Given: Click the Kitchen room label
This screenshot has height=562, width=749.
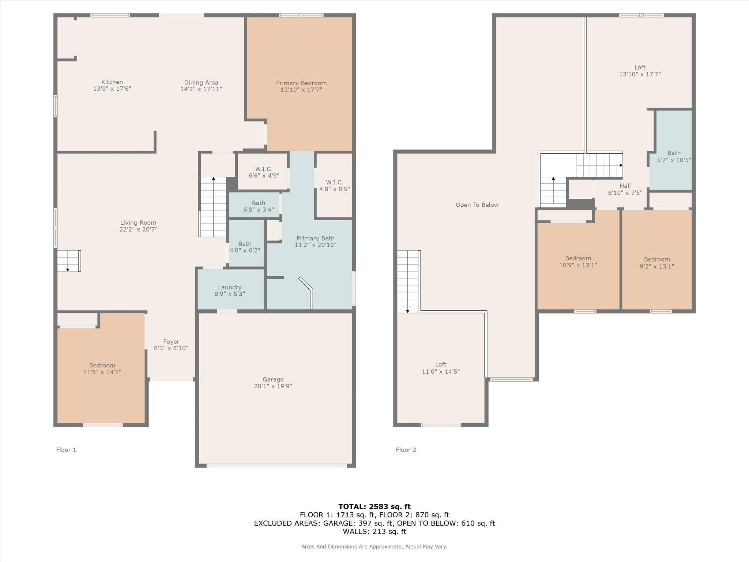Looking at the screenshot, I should pyautogui.click(x=112, y=82).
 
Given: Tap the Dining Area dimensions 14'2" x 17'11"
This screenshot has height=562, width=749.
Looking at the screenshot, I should pyautogui.click(x=201, y=89).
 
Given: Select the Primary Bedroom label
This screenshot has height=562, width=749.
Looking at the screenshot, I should pyautogui.click(x=301, y=83).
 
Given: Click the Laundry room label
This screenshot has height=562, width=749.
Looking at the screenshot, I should pyautogui.click(x=229, y=287).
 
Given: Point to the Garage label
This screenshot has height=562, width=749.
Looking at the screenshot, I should pyautogui.click(x=273, y=379).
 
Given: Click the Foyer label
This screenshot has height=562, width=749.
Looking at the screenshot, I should pyautogui.click(x=171, y=341).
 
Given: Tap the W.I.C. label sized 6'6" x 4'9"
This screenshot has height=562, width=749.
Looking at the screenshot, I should pyautogui.click(x=264, y=169).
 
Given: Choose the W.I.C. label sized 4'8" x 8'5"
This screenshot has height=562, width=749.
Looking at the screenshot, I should pyautogui.click(x=334, y=182).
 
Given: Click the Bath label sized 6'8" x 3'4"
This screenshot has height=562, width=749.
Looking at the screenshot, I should pyautogui.click(x=258, y=203).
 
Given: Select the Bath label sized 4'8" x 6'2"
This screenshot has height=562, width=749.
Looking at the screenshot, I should pyautogui.click(x=245, y=244).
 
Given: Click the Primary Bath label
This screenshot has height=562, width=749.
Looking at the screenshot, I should pyautogui.click(x=315, y=238).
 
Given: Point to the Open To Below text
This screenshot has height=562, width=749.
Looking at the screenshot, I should pyautogui.click(x=477, y=205).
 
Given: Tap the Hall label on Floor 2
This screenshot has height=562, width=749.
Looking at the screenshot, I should pyautogui.click(x=625, y=186).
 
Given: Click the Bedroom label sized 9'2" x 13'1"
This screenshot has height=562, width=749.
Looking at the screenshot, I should pyautogui.click(x=657, y=259).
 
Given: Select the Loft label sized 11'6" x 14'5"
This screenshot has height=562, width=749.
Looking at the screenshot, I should pyautogui.click(x=440, y=364).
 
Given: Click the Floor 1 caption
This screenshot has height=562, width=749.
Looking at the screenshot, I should pyautogui.click(x=66, y=450).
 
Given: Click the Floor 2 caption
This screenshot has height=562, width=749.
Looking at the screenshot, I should pyautogui.click(x=406, y=450).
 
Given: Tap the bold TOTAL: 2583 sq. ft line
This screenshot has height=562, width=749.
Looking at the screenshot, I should pyautogui.click(x=374, y=506).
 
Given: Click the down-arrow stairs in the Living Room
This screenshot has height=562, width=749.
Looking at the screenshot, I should pyautogui.click(x=69, y=261).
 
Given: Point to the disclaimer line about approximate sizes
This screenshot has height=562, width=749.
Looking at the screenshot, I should pyautogui.click(x=374, y=547).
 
